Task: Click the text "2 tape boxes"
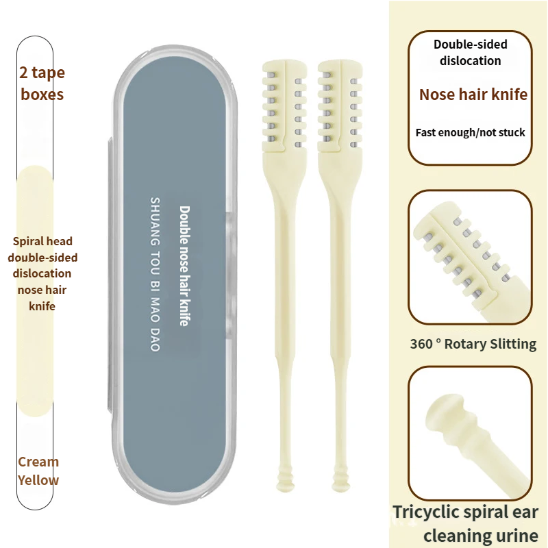(42, 84)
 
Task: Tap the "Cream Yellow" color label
(38, 471)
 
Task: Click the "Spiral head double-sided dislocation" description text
(42, 273)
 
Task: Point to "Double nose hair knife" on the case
(184, 266)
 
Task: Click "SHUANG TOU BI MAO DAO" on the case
(154, 274)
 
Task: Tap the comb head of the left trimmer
(282, 106)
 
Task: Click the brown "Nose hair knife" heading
(473, 95)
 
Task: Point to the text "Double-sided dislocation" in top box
(471, 53)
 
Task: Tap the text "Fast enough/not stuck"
(471, 132)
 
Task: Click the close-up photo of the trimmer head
(471, 257)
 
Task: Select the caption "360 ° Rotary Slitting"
(473, 344)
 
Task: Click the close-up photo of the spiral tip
(471, 433)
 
